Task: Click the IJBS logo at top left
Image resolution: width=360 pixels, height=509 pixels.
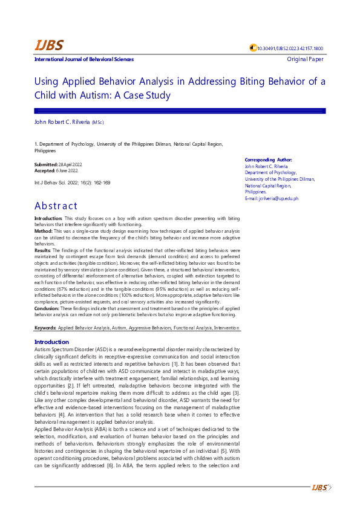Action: pos(48,45)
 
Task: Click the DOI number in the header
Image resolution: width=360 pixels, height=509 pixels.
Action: pos(290,48)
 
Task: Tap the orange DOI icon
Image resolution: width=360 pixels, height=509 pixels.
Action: pos(253,48)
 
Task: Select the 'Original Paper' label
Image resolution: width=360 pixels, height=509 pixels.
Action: pos(306,59)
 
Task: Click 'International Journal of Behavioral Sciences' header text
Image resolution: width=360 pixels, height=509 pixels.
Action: pos(84,59)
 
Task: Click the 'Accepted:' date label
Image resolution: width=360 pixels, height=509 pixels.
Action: pos(45,171)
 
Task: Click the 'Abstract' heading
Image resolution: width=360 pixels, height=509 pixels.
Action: pos(56,206)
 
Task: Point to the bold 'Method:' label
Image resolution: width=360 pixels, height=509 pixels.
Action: pos(44,231)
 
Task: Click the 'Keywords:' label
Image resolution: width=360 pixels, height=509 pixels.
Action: pos(45,328)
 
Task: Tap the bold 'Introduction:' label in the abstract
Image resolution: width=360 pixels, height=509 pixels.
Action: pos(48,218)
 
